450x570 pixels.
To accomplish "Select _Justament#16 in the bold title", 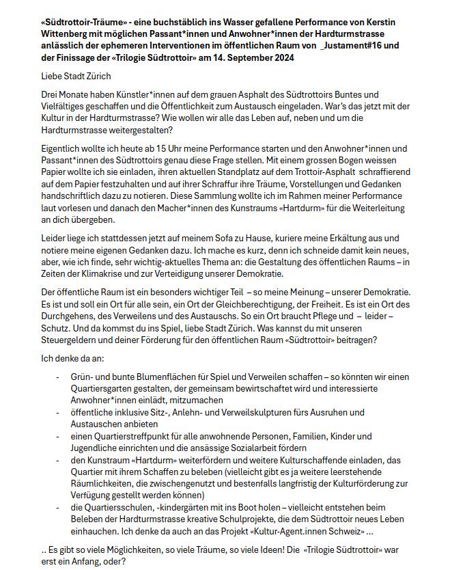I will pyautogui.click(x=344, y=46).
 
